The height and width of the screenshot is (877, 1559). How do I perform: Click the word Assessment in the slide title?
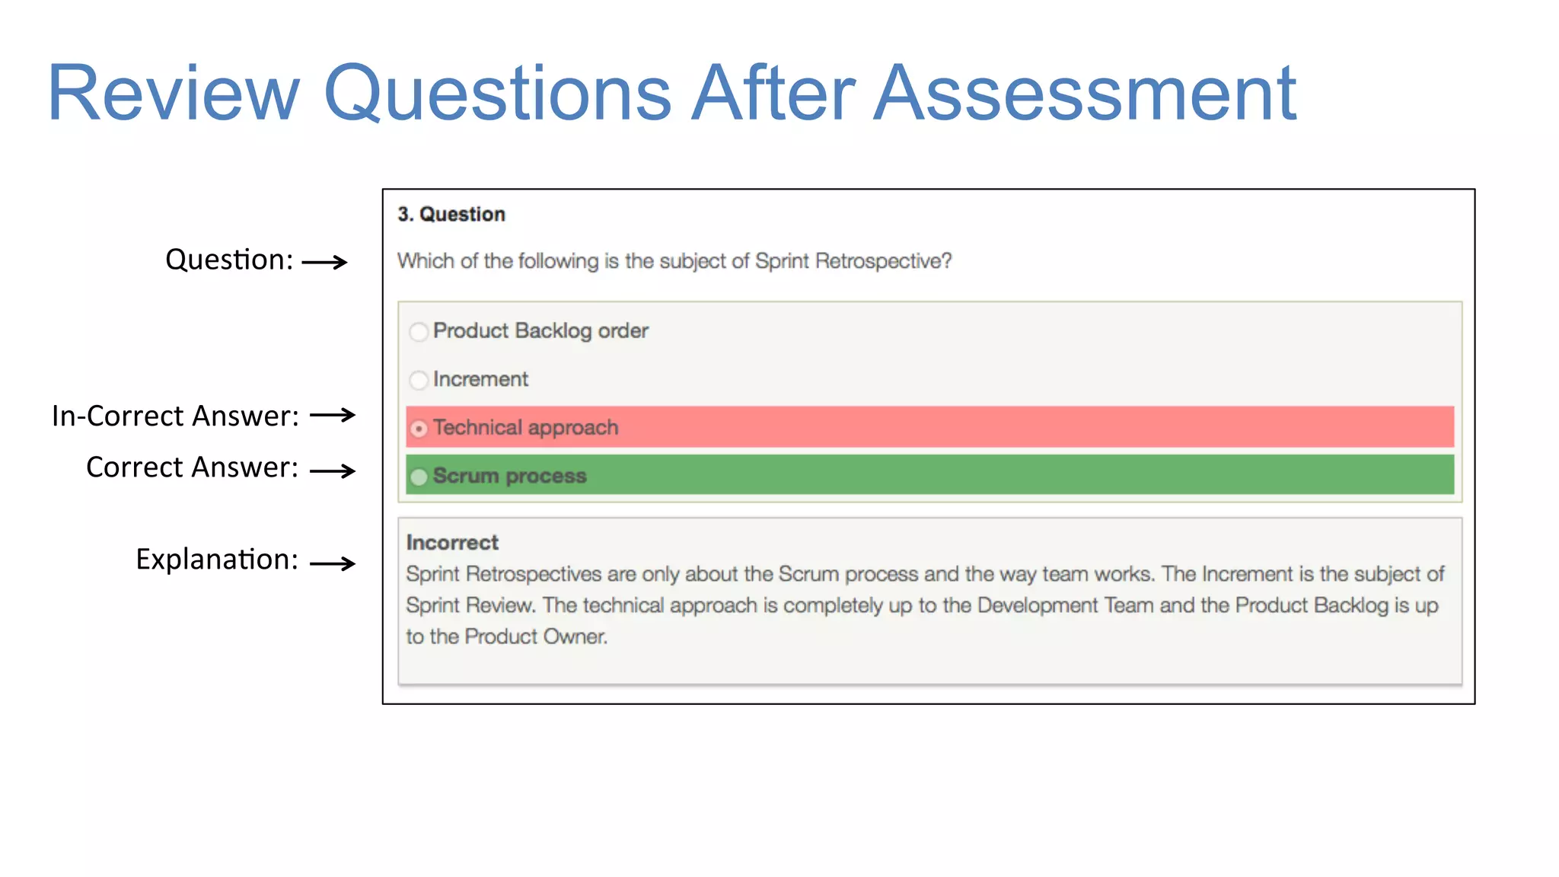[x=1084, y=94]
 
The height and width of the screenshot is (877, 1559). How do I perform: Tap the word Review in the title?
[x=174, y=94]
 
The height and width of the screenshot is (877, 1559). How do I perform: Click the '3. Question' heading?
[x=451, y=215]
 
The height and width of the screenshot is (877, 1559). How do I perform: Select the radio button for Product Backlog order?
[x=419, y=332]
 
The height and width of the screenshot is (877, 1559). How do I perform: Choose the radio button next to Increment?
[x=419, y=380]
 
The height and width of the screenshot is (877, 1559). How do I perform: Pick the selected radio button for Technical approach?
[x=419, y=429]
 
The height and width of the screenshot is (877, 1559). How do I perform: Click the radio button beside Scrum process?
[x=419, y=477]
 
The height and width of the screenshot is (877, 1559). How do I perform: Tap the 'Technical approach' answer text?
[x=525, y=428]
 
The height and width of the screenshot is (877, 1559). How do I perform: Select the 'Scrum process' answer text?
[x=509, y=477]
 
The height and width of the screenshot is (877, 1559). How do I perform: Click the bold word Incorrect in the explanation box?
[x=452, y=543]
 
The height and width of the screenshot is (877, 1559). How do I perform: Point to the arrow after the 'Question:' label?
[x=325, y=263]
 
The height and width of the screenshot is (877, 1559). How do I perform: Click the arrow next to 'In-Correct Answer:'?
[x=333, y=415]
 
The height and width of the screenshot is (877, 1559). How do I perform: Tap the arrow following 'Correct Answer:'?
[x=333, y=471]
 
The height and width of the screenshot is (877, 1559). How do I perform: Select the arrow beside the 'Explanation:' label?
[x=333, y=563]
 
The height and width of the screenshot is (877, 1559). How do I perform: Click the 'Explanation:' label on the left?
[x=217, y=560]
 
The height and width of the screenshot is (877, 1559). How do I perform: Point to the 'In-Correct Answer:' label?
[x=175, y=416]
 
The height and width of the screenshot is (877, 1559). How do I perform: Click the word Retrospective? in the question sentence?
[x=883, y=261]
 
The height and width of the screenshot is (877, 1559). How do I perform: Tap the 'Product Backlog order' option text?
[x=540, y=331]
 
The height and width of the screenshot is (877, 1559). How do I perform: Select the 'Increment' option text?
[x=480, y=379]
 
